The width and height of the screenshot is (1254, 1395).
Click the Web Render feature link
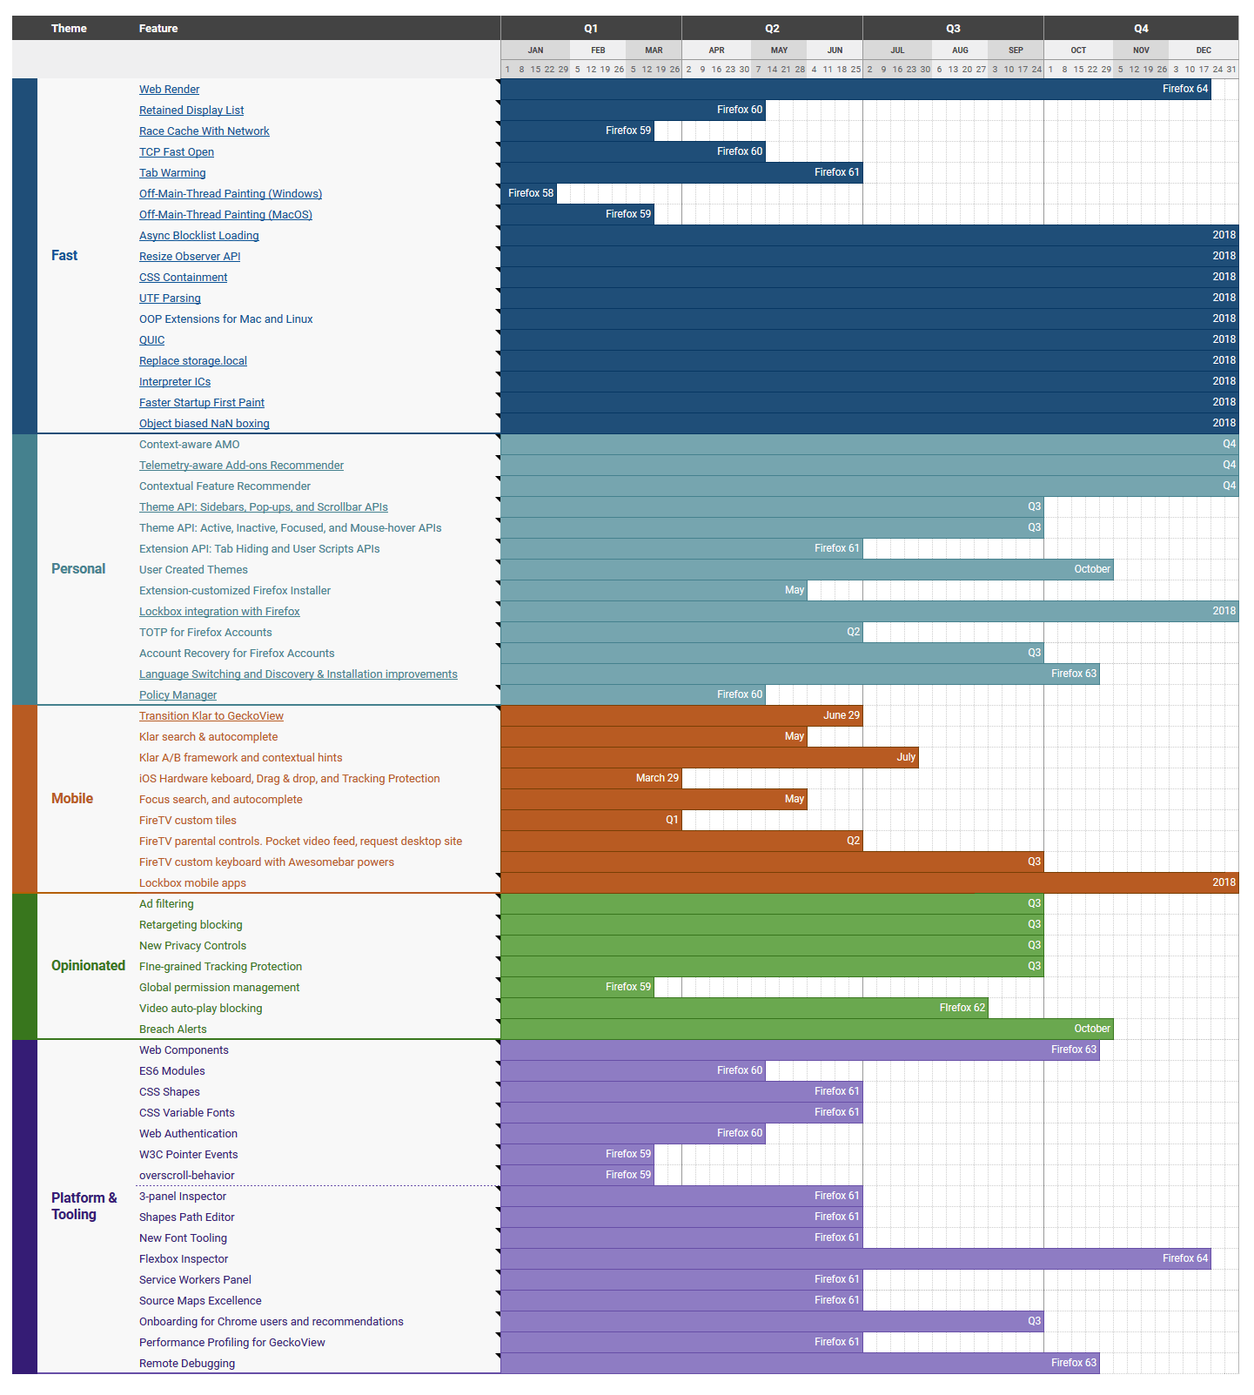click(169, 90)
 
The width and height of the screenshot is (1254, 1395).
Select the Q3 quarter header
click(953, 29)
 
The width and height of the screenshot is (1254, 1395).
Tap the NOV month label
click(1141, 50)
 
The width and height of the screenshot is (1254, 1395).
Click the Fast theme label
click(64, 256)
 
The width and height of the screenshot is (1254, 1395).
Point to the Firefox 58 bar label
click(531, 193)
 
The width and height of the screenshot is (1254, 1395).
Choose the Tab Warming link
click(172, 173)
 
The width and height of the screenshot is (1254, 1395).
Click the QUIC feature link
click(151, 340)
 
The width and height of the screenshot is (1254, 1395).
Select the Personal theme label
click(78, 569)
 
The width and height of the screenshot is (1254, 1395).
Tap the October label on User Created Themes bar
click(1091, 569)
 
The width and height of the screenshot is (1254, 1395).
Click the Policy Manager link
click(178, 695)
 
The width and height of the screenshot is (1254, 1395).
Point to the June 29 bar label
click(841, 715)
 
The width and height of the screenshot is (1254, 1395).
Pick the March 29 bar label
click(657, 778)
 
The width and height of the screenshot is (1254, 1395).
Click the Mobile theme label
click(72, 799)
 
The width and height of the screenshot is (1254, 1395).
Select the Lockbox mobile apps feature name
click(192, 883)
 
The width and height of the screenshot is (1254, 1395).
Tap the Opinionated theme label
click(88, 966)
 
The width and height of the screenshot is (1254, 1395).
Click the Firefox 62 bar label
click(962, 1008)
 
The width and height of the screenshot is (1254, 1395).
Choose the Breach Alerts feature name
click(172, 1029)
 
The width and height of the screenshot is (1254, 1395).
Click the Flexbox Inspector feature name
click(184, 1259)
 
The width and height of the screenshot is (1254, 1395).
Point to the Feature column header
click(158, 29)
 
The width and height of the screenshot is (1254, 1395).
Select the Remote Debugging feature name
click(187, 1364)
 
